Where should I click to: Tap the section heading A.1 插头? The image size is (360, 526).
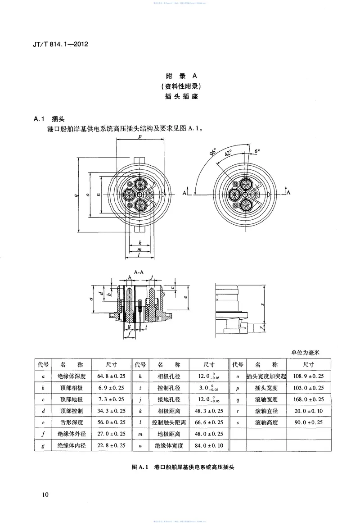point(49,119)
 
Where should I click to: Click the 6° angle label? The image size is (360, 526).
point(257,151)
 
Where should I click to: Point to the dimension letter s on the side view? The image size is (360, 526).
point(263,305)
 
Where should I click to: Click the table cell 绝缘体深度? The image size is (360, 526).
point(72,376)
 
